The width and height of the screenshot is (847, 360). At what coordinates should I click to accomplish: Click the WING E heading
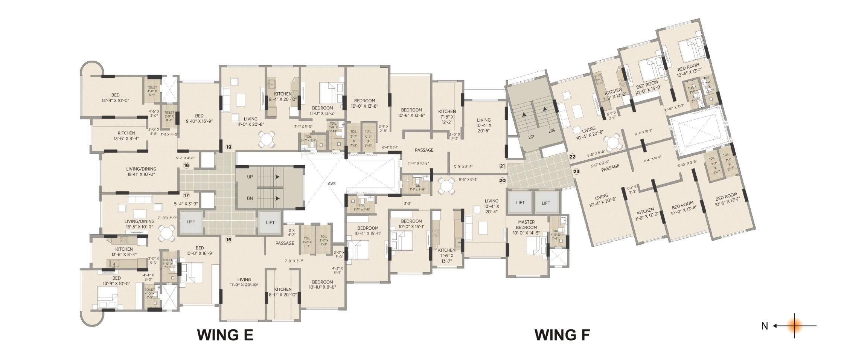coord(225,335)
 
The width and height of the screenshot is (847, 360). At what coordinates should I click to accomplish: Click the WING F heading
coord(562,335)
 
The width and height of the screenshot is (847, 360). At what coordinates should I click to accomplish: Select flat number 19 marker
coord(229,147)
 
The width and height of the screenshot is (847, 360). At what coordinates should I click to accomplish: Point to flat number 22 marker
coord(573,157)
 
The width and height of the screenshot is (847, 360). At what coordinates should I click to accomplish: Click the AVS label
coord(331,184)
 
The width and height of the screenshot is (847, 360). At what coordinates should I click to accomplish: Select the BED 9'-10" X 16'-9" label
coord(199,119)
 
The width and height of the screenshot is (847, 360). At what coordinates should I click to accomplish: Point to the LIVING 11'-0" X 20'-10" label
coord(244,282)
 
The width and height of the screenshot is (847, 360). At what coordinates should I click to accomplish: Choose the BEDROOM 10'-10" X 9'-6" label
coord(322,284)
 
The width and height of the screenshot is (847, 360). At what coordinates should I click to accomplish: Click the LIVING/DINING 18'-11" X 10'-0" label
coord(141,171)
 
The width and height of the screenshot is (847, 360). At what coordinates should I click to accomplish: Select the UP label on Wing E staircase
coord(250,177)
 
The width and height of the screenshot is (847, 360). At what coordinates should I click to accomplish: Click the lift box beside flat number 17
coord(191,222)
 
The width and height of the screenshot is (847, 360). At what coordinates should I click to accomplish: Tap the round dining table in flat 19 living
coord(267,139)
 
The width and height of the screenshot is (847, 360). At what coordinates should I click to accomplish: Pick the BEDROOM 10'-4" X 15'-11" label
coord(368,231)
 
